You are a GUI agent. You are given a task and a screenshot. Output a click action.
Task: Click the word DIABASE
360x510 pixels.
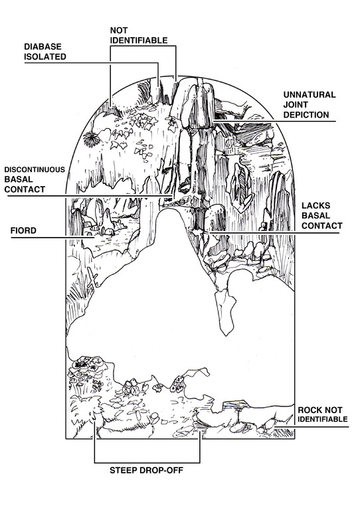pyautogui.click(x=43, y=47)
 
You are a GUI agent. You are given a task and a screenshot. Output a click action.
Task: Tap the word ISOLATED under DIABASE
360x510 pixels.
pyautogui.click(x=45, y=57)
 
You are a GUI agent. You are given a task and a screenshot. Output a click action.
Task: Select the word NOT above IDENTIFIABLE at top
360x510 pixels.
pyautogui.click(x=119, y=31)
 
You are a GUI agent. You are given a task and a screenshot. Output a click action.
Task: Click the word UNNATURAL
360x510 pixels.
pyautogui.click(x=310, y=95)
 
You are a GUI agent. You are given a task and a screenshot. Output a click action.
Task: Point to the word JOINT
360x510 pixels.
pyautogui.click(x=296, y=105)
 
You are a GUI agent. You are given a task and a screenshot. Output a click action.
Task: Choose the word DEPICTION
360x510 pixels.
pyautogui.click(x=306, y=115)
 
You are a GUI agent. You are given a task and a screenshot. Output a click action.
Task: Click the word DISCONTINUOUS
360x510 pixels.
pyautogui.click(x=35, y=170)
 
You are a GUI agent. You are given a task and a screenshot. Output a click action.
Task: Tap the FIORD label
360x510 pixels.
pyautogui.click(x=23, y=231)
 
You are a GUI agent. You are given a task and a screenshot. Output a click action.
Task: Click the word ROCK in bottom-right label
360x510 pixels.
pyautogui.click(x=309, y=410)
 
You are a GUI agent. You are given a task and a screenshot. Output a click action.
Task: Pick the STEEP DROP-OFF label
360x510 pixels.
pyautogui.click(x=146, y=470)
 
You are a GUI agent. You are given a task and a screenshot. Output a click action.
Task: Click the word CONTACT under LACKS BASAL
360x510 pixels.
pyautogui.click(x=321, y=226)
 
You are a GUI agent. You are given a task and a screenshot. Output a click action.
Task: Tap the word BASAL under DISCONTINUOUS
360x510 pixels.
pyautogui.click(x=19, y=179)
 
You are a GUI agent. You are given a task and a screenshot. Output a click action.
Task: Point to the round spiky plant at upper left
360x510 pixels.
pyautogui.click(x=92, y=139)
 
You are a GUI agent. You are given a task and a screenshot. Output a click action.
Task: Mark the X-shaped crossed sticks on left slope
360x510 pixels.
pyautogui.click(x=92, y=279)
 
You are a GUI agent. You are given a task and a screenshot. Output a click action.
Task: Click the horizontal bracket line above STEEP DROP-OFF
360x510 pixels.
pyautogui.click(x=147, y=462)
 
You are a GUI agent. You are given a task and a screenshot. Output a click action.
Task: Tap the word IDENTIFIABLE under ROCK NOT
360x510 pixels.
pyautogui.click(x=323, y=420)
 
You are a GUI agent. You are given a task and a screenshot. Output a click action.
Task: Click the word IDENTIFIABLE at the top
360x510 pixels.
pyautogui.click(x=139, y=41)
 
